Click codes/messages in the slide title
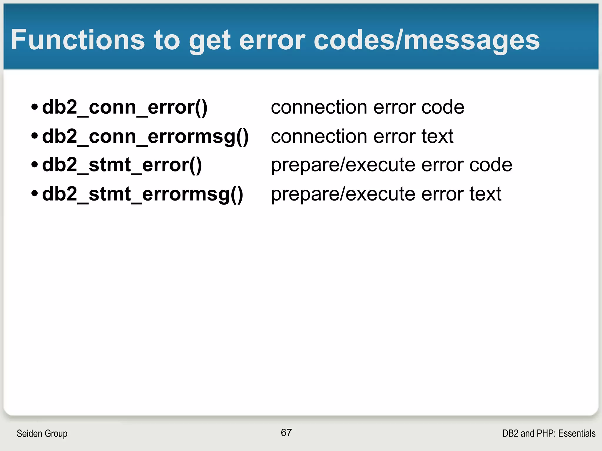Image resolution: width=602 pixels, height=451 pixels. coord(427,41)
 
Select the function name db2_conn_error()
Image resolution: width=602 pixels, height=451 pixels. coord(125,107)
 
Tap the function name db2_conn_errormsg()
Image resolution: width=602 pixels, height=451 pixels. coord(145,137)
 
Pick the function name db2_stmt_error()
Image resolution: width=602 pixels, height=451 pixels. coord(122,165)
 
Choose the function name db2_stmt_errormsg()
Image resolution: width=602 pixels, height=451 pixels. coord(142,194)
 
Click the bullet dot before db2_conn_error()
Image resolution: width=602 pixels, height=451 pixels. coord(35,107)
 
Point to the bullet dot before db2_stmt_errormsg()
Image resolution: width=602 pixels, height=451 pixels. coord(35,193)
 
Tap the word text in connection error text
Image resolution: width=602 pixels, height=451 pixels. coord(437,137)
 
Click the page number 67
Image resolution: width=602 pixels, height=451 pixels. coord(286,433)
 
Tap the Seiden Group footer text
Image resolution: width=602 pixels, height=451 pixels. coord(42,433)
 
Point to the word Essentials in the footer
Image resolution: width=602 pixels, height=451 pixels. coord(577,433)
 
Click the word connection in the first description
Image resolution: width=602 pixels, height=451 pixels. coord(319,107)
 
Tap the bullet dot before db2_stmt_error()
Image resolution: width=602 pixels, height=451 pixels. coord(35,164)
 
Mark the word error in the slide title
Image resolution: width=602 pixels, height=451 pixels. coord(272,41)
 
